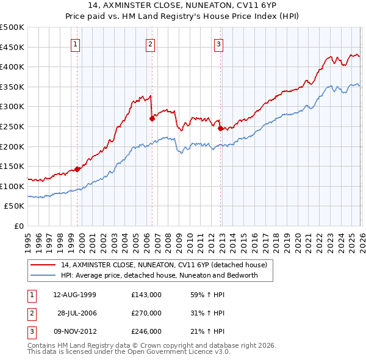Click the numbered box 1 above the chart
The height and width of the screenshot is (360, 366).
[x=75, y=43]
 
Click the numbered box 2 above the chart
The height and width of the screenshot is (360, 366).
[x=150, y=43]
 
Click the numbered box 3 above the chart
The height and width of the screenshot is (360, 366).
[x=219, y=43]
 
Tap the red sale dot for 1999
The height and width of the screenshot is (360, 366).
[x=77, y=169]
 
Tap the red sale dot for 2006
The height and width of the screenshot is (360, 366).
[x=152, y=119]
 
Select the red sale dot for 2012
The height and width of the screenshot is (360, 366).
[x=220, y=128]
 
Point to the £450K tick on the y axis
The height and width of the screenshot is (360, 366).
[x=12, y=47]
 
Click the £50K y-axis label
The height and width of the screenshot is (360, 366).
[x=15, y=206]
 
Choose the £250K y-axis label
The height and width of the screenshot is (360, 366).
[x=12, y=127]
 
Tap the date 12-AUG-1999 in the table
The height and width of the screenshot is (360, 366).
[x=75, y=295]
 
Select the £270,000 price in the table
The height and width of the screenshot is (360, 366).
[x=146, y=313]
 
